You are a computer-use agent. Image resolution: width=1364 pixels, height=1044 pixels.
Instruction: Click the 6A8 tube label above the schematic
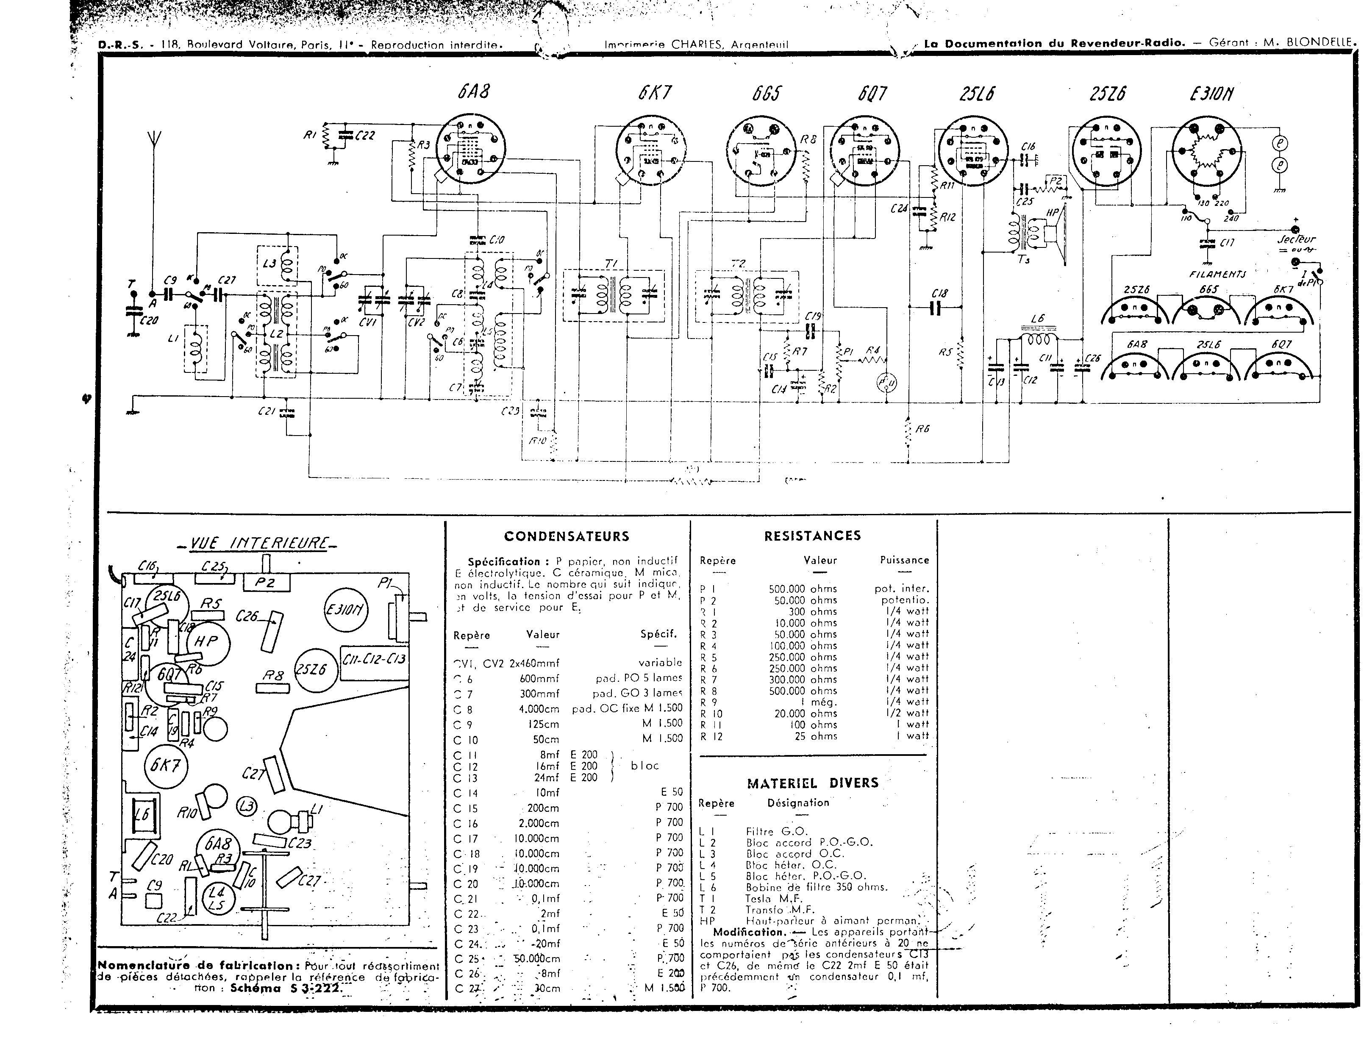tap(473, 92)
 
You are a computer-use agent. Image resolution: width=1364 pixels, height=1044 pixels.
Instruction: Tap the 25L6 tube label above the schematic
tap(976, 94)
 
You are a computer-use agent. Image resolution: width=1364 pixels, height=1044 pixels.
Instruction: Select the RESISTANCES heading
tap(812, 536)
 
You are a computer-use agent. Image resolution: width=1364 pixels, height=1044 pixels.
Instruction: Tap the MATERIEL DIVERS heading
tap(812, 783)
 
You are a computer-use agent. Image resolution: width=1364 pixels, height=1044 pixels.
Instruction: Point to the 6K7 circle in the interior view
tap(165, 765)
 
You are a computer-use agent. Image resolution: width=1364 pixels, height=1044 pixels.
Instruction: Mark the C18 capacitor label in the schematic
tap(939, 293)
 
